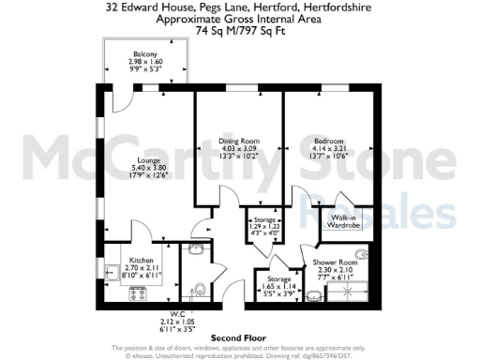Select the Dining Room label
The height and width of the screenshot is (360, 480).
tap(238, 141)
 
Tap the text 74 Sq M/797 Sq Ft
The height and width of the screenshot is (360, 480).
tap(239, 30)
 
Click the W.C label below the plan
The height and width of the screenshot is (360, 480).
tap(176, 313)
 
